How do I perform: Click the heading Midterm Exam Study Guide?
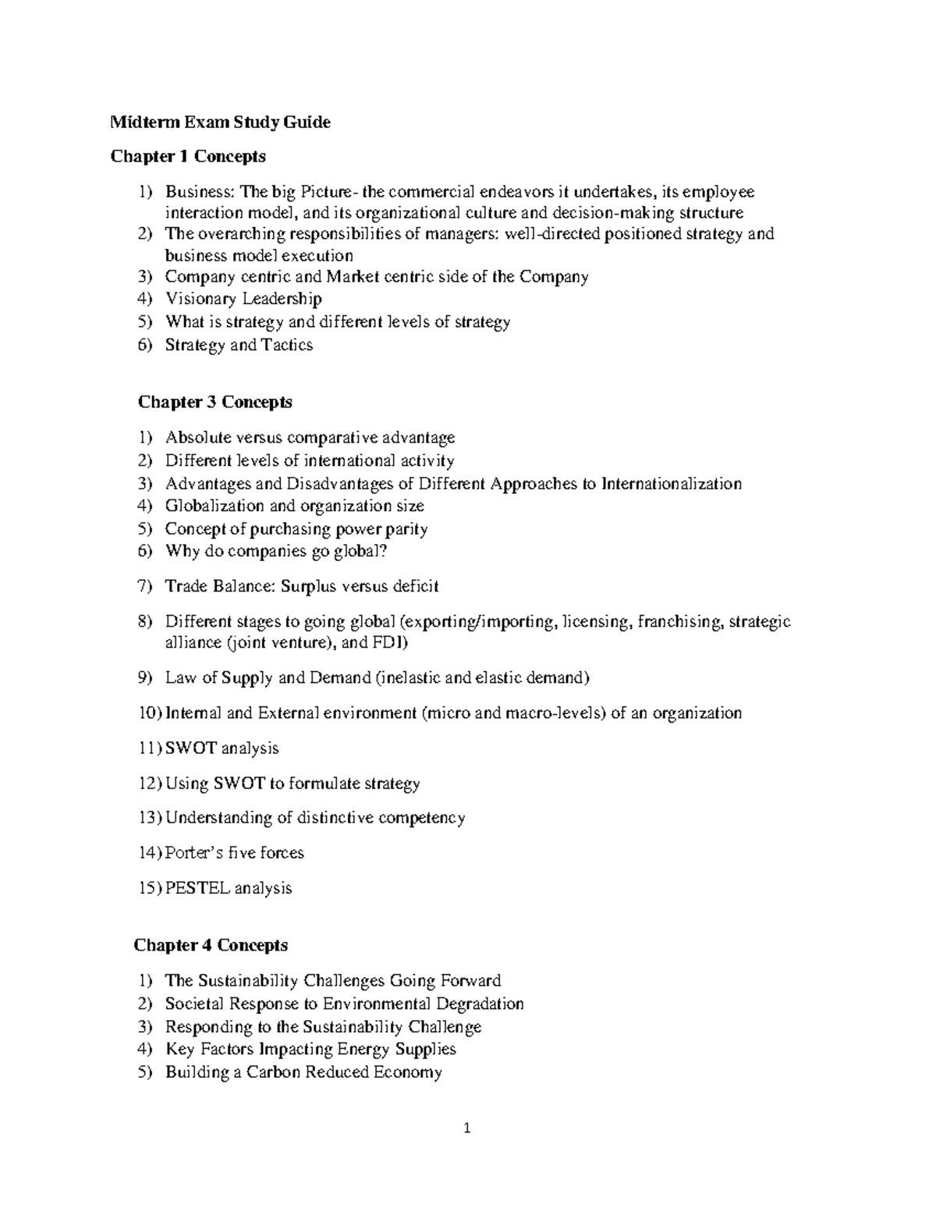pyautogui.click(x=220, y=122)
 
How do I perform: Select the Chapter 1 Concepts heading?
pyautogui.click(x=188, y=157)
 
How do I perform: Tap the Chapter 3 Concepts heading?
pyautogui.click(x=214, y=402)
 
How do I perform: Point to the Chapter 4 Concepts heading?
pyautogui.click(x=211, y=945)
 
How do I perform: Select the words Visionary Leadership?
pyautogui.click(x=243, y=299)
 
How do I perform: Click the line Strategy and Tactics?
pyautogui.click(x=239, y=345)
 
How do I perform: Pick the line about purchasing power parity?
pyautogui.click(x=296, y=529)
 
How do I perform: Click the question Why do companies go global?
pyautogui.click(x=276, y=552)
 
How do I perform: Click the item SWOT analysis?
pyautogui.click(x=222, y=748)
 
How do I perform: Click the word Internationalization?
pyautogui.click(x=672, y=484)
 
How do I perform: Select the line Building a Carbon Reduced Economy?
pyautogui.click(x=303, y=1072)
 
